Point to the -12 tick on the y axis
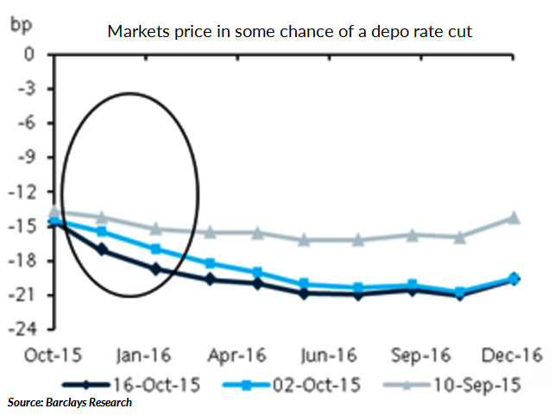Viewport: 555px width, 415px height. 32,192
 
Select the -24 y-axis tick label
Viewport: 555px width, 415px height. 32,330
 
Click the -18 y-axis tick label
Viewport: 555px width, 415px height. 32,261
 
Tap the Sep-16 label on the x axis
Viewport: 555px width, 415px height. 416,354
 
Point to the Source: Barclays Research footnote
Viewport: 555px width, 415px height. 70,403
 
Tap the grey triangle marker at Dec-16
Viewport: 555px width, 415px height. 514,217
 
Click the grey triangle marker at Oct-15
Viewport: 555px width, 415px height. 54,211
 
